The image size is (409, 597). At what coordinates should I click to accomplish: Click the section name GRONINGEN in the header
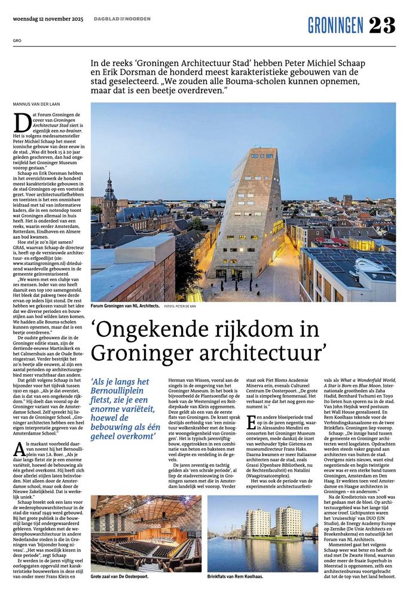[335, 26]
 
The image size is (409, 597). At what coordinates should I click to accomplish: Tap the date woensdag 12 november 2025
[45, 19]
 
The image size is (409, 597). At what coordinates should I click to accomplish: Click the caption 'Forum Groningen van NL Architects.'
[125, 306]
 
